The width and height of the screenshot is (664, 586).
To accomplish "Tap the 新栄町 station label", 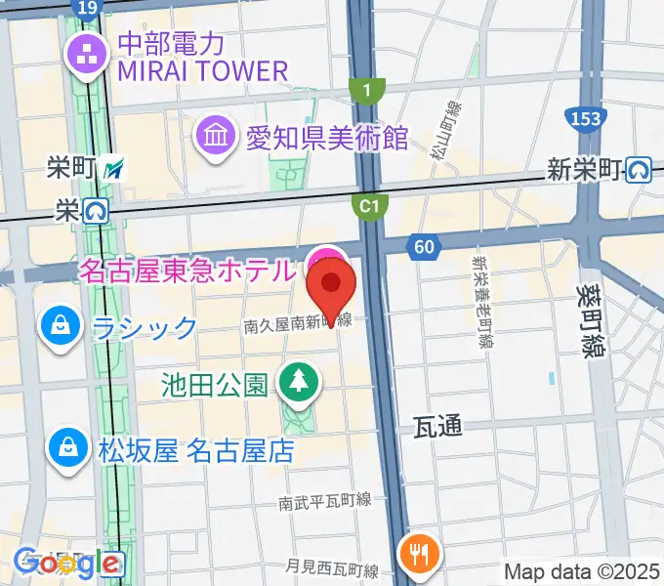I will pyautogui.click(x=584, y=170).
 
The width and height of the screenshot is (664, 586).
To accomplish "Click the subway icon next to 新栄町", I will pyautogui.click(x=640, y=170).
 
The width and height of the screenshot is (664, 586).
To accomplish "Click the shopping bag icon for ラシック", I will pyautogui.click(x=62, y=326).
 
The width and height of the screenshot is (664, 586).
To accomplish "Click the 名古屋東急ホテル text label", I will pyautogui.click(x=185, y=270).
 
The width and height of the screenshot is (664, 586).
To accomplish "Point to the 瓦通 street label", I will pyautogui.click(x=437, y=426).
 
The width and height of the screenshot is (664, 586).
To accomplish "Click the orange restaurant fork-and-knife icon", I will pyautogui.click(x=421, y=555).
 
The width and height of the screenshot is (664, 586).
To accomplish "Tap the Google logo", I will pyautogui.click(x=68, y=564).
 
